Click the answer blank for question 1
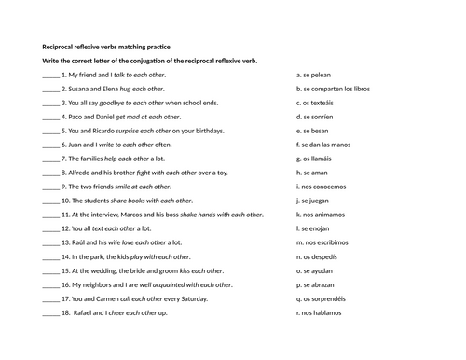(x=50, y=75)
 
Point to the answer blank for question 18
(x=50, y=313)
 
